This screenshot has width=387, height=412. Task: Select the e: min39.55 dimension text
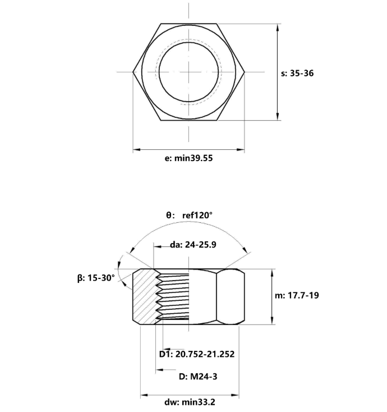click(188, 159)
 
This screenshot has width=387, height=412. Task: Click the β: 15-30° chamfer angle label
click(96, 277)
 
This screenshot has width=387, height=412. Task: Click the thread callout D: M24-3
click(197, 376)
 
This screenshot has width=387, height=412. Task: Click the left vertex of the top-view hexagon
click(133, 72)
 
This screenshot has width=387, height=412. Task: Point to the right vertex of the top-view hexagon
click(245, 72)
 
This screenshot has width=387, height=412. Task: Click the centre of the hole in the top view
click(189, 72)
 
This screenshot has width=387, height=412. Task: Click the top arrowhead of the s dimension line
click(278, 27)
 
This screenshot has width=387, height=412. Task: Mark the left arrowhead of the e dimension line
click(136, 150)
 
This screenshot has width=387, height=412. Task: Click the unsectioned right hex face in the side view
click(231, 296)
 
